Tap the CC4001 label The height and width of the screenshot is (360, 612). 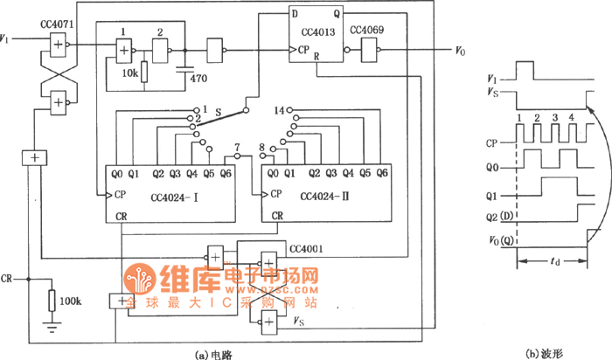pyautogui.click(x=305, y=249)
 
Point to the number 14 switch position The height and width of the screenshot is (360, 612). pyautogui.click(x=279, y=111)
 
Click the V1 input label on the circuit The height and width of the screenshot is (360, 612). pyautogui.click(x=8, y=39)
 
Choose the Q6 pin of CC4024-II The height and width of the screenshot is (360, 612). pyautogui.click(x=382, y=172)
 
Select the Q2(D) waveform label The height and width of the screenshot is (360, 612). pyautogui.click(x=499, y=217)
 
